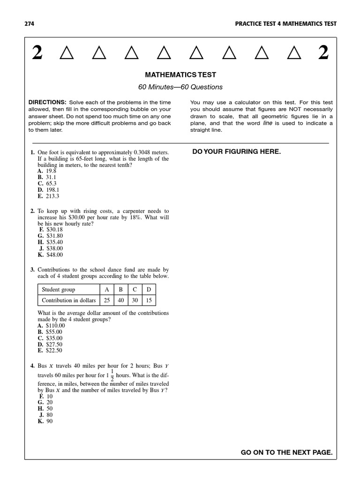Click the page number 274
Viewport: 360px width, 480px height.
pyautogui.click(x=29, y=24)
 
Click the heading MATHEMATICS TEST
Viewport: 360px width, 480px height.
pyautogui.click(x=180, y=75)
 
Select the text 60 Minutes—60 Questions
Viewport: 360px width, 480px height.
pyautogui.click(x=180, y=87)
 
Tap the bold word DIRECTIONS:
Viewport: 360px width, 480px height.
pyautogui.click(x=47, y=102)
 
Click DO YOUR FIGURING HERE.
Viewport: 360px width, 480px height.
pyautogui.click(x=237, y=151)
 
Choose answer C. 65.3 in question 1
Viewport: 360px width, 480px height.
pyautogui.click(x=47, y=184)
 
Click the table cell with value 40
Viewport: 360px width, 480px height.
pyautogui.click(x=120, y=300)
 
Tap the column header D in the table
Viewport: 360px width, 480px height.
pyautogui.click(x=149, y=290)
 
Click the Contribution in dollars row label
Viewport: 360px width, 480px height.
pyautogui.click(x=68, y=300)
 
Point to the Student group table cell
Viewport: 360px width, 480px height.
pyautogui.click(x=58, y=290)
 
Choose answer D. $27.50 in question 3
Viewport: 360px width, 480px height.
pyautogui.click(x=50, y=344)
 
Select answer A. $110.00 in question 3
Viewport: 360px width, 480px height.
pyautogui.click(x=51, y=325)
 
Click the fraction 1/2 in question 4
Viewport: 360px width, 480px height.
pyautogui.click(x=112, y=375)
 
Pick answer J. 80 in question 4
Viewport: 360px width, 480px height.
pyautogui.click(x=45, y=415)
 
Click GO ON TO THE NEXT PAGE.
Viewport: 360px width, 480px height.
pyautogui.click(x=286, y=452)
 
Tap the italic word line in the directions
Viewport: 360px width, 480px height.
pyautogui.click(x=268, y=123)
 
